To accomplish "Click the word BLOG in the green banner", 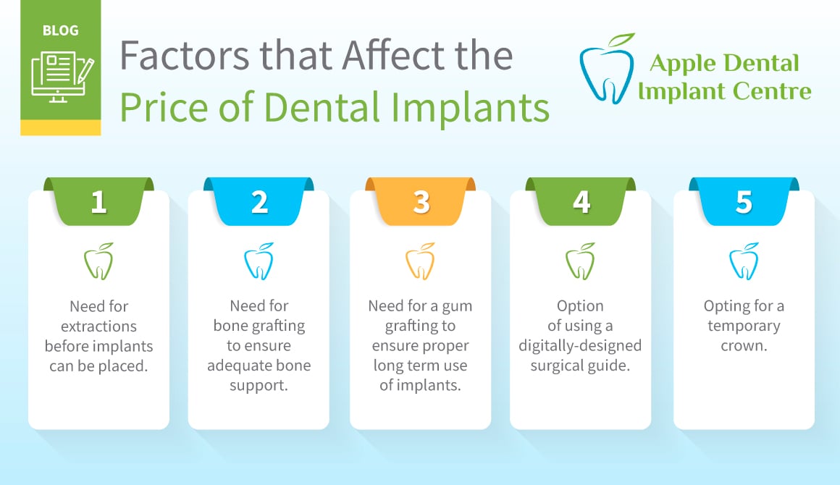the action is pos(61,30).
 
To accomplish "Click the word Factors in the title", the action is pos(185,56).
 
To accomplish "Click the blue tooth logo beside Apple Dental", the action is pos(607,69).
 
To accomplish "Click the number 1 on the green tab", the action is pos(98,203).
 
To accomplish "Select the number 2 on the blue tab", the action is pos(260,203).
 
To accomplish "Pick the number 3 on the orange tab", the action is pos(421,203).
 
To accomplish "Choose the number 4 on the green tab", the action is pos(581,203).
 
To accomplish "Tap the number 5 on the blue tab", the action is pos(744,203).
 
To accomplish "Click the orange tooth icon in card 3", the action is pos(420,261).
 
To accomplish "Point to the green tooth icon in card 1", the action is pos(98,261).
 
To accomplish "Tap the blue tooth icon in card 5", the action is pos(744,261).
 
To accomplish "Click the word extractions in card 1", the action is pos(98,326).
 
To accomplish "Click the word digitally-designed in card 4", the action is pos(580,346).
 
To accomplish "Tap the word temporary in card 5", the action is pos(744,326).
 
